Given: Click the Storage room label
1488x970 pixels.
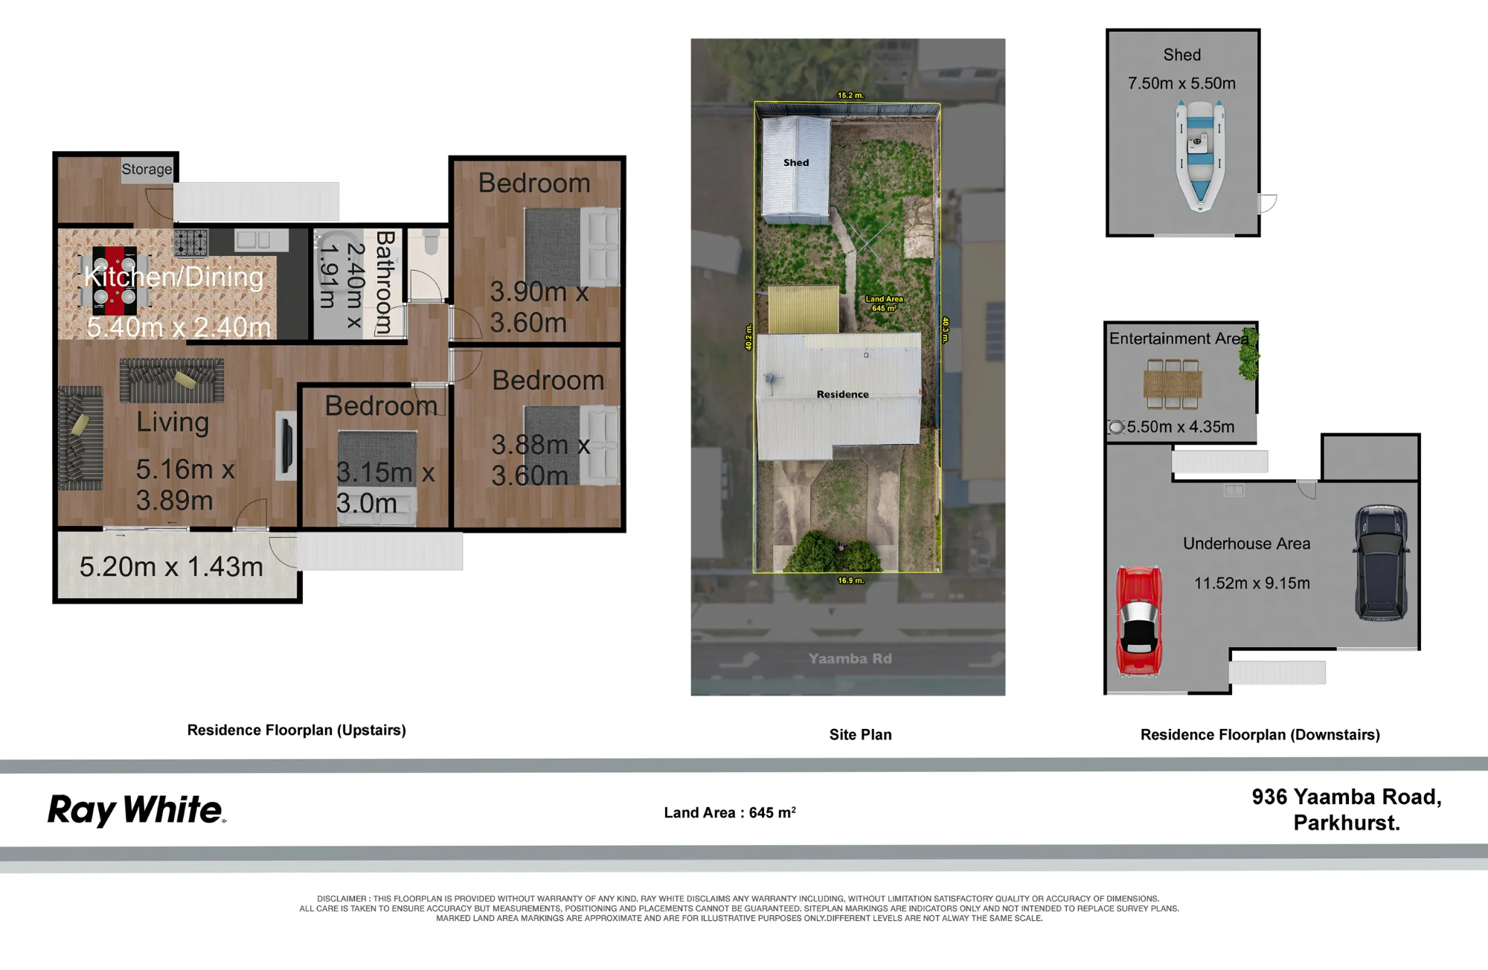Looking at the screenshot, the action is point(147,170).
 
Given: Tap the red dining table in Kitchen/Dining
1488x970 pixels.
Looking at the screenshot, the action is point(115,282).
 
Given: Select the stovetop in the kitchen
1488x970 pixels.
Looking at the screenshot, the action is point(190,242).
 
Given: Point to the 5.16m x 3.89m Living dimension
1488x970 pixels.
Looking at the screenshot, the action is point(185,484).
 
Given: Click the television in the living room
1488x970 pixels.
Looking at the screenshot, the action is point(285,444).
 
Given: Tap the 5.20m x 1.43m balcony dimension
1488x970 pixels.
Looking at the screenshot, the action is point(171,567).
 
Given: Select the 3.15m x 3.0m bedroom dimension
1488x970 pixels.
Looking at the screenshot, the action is point(385,487).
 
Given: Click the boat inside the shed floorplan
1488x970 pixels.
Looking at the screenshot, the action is point(1200,157).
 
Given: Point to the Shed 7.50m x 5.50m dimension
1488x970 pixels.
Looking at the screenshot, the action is point(1181,83).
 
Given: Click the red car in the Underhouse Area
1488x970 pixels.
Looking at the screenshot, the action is point(1138,621).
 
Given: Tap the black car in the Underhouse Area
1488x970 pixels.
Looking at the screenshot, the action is point(1381,562).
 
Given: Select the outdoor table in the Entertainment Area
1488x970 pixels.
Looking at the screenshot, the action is point(1173,385).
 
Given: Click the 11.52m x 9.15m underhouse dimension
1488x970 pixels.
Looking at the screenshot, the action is point(1252,583).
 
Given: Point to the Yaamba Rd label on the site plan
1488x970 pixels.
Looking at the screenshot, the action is point(850,658).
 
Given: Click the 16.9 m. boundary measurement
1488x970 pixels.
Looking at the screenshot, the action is point(850,580).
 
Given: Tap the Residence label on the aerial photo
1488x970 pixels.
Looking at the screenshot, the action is point(842,394).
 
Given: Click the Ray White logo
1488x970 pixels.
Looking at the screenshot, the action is point(137,810).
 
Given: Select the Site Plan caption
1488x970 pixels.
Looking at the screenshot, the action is point(860,735).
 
